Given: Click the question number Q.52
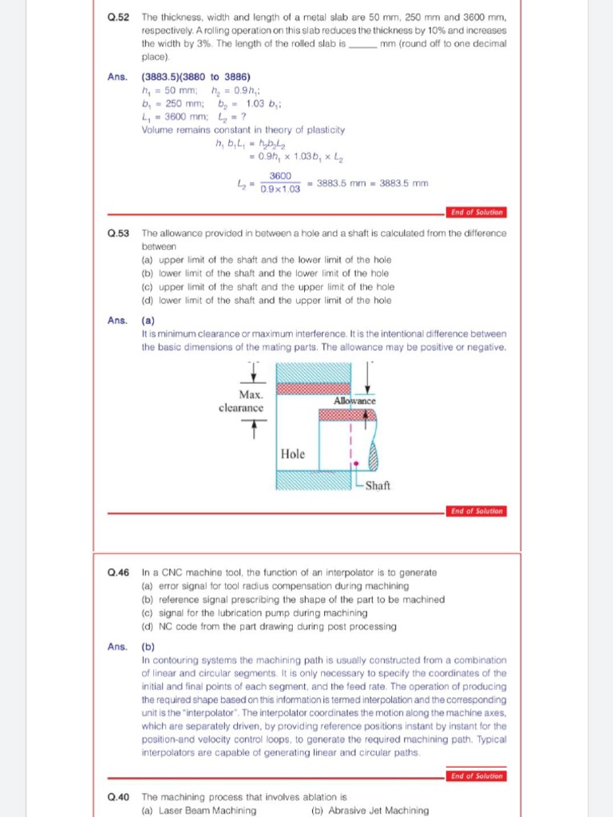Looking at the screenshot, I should point(118,16).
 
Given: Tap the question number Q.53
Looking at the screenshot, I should point(118,233).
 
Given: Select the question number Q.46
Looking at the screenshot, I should point(118,572).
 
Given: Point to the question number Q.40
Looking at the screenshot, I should point(118,796).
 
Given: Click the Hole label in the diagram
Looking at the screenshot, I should point(293,453).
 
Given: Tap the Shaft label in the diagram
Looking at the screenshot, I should point(378,485).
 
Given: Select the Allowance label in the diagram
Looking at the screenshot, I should point(355,401).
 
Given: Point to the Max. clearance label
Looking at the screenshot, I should point(241,401).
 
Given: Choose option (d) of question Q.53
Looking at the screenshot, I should point(266,300).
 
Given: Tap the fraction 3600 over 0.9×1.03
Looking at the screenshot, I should point(279,182).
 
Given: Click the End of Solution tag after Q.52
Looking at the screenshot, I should point(477,212).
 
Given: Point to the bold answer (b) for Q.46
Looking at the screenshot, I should point(148,647).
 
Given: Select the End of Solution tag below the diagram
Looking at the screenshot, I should point(477,511).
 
